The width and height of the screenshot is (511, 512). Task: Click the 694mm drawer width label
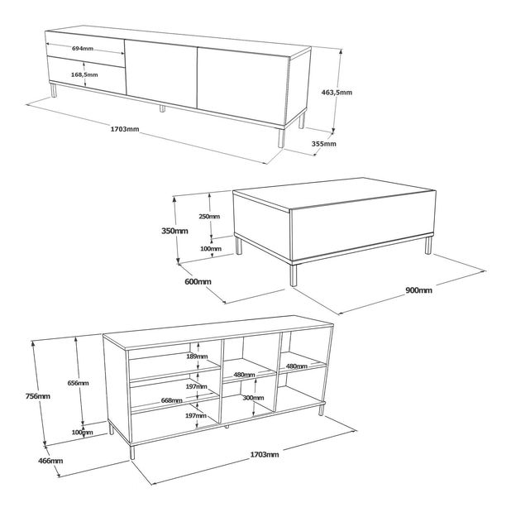[83, 49]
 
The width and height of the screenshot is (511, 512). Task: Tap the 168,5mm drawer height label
[84, 74]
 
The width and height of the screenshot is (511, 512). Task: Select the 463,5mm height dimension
[337, 93]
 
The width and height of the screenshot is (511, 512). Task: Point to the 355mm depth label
[323, 144]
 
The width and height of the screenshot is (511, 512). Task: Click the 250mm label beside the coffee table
[209, 216]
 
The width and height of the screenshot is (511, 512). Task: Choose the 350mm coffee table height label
[174, 231]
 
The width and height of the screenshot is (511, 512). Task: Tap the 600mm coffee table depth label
[198, 281]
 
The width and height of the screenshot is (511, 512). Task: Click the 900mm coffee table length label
[418, 290]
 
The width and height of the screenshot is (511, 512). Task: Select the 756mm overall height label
[38, 396]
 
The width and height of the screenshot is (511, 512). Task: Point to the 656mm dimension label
[78, 383]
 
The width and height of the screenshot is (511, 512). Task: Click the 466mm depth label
[50, 461]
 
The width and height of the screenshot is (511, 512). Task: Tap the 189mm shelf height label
[197, 356]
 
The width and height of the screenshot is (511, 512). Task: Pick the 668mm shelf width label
[172, 400]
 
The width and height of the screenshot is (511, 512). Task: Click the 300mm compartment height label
[253, 398]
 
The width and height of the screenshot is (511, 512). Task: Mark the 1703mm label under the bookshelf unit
[265, 455]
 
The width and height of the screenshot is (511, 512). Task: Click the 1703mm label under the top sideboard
[125, 129]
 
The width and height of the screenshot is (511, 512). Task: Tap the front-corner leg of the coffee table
[294, 275]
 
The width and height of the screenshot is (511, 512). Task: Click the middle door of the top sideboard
[161, 73]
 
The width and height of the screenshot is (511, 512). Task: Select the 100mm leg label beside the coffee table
[211, 249]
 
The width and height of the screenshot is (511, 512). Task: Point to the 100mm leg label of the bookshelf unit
[83, 433]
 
